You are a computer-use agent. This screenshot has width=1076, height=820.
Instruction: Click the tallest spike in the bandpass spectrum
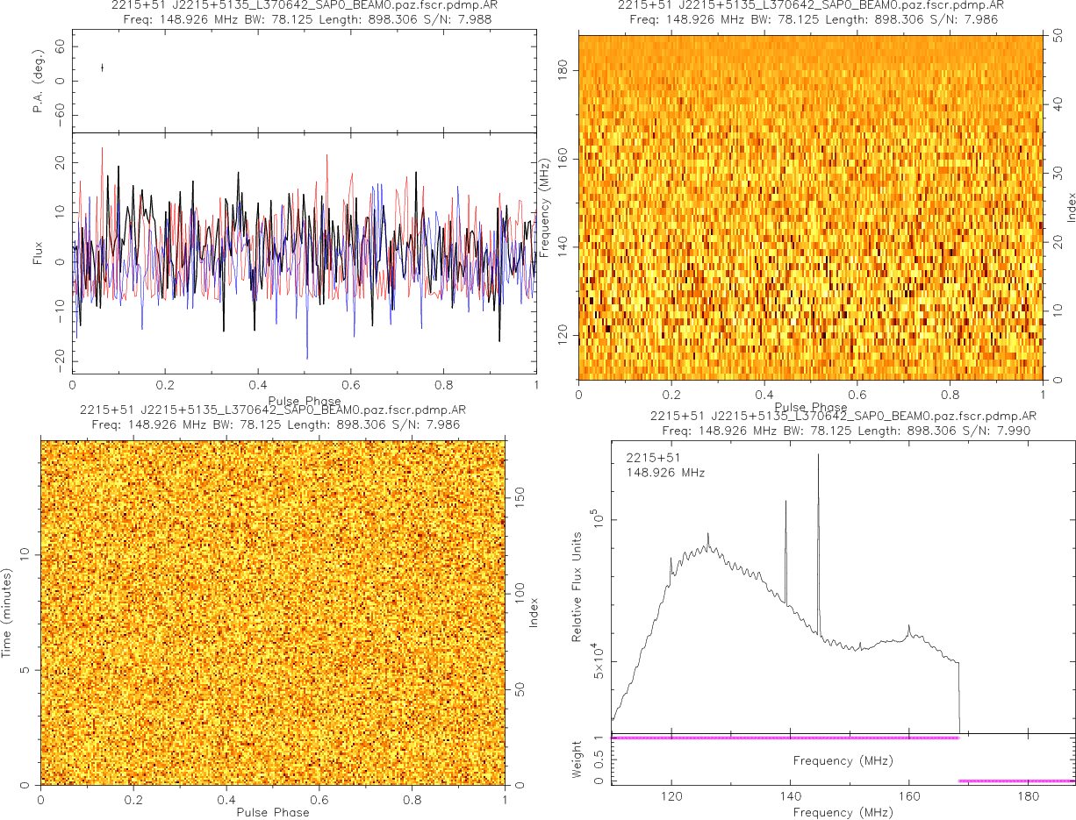pyautogui.click(x=818, y=456)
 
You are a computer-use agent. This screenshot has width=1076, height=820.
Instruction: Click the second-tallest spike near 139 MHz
pyautogui.click(x=785, y=503)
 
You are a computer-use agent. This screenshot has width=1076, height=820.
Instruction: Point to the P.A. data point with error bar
pyautogui.click(x=103, y=68)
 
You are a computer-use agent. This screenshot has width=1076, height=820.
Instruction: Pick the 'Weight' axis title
pyautogui.click(x=577, y=759)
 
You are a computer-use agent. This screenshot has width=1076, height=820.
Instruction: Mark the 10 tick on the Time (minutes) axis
pyautogui.click(x=25, y=553)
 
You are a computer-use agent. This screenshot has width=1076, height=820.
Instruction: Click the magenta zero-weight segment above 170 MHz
pyautogui.click(x=1016, y=781)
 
